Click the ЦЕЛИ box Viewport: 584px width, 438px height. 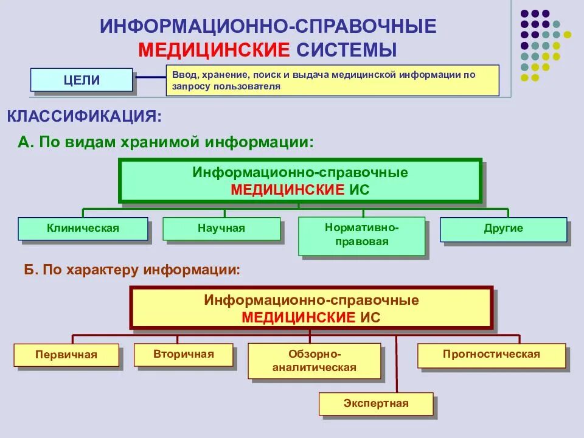pos(82,80)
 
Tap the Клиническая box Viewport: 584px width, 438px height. pos(83,229)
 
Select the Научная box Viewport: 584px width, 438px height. pos(221,229)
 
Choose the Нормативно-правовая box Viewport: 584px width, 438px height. pos(361,235)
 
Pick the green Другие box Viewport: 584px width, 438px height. pos(503,229)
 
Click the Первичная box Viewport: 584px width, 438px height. pos(66,355)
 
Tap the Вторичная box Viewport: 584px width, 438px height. pos(183,354)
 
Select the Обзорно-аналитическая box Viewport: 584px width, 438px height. pos(315,361)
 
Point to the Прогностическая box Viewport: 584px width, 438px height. pos(492,354)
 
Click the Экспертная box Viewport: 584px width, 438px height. pos(376,403)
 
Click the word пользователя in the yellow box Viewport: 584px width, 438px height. pos(248,86)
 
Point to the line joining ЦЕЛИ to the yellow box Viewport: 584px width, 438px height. pos(149,77)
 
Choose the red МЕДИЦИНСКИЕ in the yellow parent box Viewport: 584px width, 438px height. pos(299,317)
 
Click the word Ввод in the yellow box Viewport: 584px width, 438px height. pos(182,74)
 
